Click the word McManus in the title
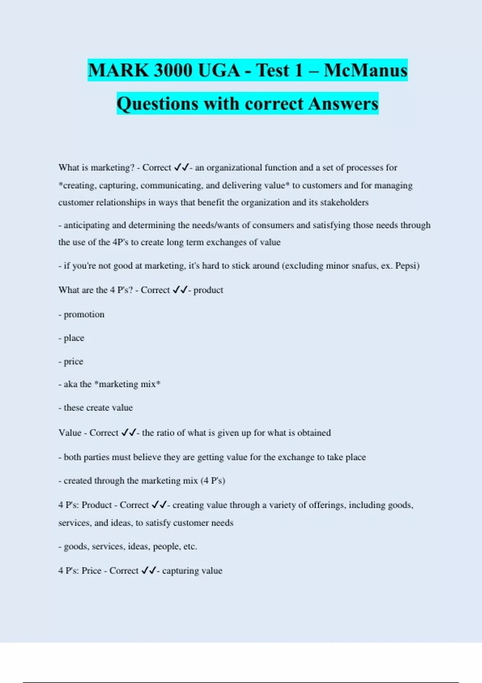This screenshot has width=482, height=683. [366, 70]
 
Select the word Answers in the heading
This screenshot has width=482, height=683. [343, 104]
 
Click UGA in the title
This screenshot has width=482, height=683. [219, 70]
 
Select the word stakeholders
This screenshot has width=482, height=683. [344, 202]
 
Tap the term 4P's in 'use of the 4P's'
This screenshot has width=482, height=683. [120, 242]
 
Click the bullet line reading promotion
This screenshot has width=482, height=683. [82, 315]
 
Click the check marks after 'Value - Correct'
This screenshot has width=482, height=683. [129, 433]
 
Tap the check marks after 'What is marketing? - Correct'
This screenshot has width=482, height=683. [182, 168]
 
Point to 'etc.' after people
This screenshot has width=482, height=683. [190, 546]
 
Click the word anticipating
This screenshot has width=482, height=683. [86, 225]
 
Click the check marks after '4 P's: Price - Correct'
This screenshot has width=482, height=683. [149, 571]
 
